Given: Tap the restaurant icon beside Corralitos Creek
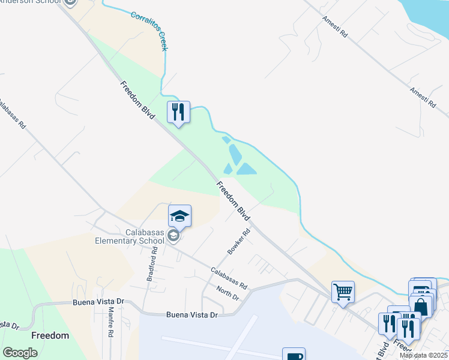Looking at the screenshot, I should click(x=178, y=112).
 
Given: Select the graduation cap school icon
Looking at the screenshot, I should click(x=180, y=216).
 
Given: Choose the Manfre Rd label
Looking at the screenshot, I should click(x=111, y=322).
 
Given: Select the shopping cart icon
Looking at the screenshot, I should click(x=343, y=292).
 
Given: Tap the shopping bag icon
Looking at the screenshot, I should click(x=421, y=306).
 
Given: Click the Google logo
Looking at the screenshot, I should click(x=20, y=353).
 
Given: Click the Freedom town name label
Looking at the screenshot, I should click(x=50, y=335).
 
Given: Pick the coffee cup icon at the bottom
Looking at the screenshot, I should click(x=294, y=355).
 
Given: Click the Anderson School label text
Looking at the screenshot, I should click(x=30, y=2).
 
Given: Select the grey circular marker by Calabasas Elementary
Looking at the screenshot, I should click(x=173, y=236).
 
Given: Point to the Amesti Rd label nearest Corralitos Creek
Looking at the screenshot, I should click(x=334, y=27).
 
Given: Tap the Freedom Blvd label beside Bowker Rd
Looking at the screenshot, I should click(x=233, y=200).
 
